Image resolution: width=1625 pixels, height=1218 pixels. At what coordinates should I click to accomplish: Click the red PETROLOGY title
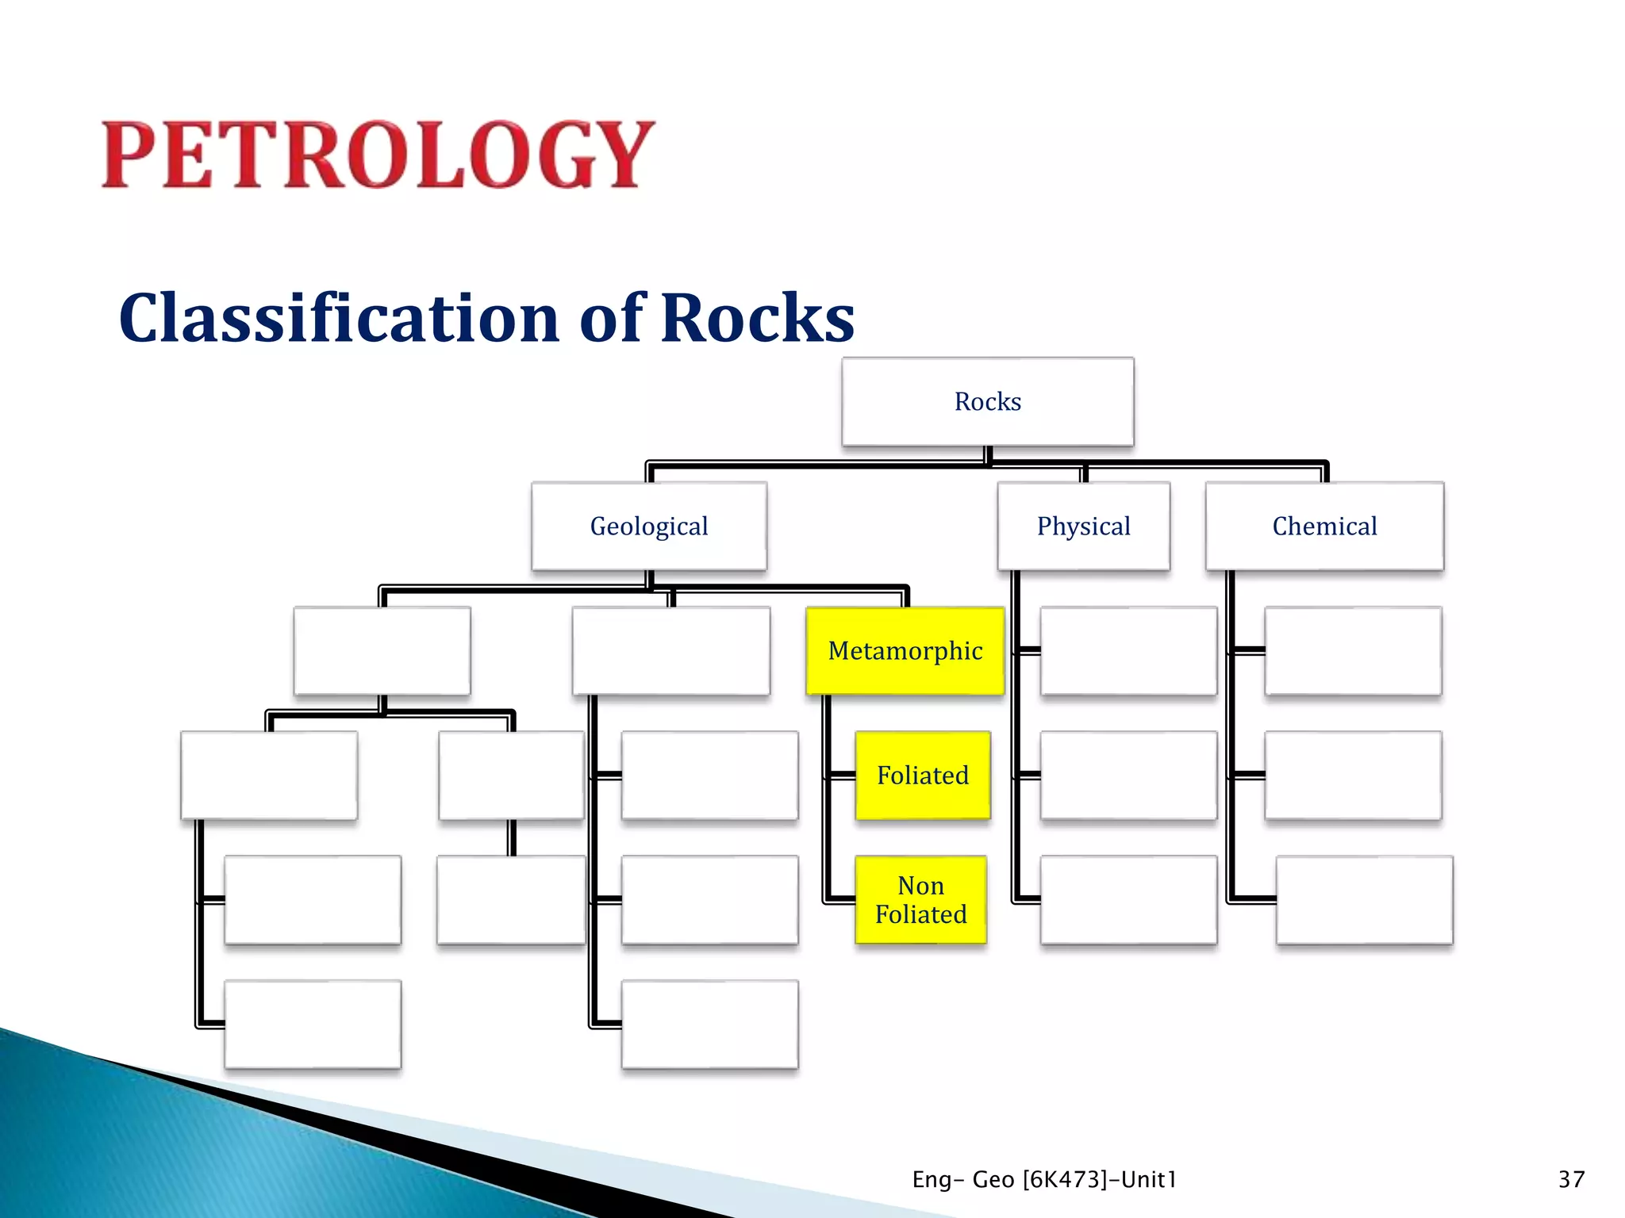(x=378, y=155)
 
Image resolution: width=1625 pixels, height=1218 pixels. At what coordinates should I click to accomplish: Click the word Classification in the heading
(x=340, y=319)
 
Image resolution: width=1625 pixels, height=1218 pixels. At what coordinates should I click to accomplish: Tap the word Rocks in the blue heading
(x=757, y=319)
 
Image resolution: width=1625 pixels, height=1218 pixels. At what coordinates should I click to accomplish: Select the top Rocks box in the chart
(x=987, y=401)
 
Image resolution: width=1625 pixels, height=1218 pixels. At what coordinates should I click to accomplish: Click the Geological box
(x=649, y=526)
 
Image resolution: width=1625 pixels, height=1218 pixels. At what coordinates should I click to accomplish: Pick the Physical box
(x=1083, y=526)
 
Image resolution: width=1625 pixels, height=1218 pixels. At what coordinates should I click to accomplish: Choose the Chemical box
(x=1324, y=526)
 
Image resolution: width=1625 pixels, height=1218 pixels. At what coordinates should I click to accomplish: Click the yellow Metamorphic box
(x=905, y=650)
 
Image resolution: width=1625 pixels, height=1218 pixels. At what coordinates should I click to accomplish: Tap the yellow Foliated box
(x=922, y=775)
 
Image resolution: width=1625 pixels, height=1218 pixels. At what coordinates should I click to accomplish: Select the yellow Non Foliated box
(x=920, y=899)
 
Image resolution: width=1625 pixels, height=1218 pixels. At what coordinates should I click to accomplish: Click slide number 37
(x=1570, y=1179)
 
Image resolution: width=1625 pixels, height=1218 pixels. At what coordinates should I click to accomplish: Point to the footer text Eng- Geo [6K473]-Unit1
(x=1043, y=1179)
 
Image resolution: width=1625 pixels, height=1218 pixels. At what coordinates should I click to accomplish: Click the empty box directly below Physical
(x=1128, y=650)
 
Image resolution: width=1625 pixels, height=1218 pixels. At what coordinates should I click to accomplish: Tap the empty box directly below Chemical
(x=1352, y=650)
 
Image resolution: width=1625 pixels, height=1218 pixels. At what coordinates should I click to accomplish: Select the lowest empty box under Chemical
(x=1364, y=899)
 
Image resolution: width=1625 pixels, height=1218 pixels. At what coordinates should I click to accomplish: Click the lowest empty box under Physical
(x=1128, y=899)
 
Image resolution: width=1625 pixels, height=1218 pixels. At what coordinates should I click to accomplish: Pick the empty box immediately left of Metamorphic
(x=670, y=650)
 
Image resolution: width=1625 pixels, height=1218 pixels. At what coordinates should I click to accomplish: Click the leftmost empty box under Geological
(x=382, y=650)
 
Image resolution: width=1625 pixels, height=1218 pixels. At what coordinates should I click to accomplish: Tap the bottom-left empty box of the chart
(x=313, y=1024)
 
